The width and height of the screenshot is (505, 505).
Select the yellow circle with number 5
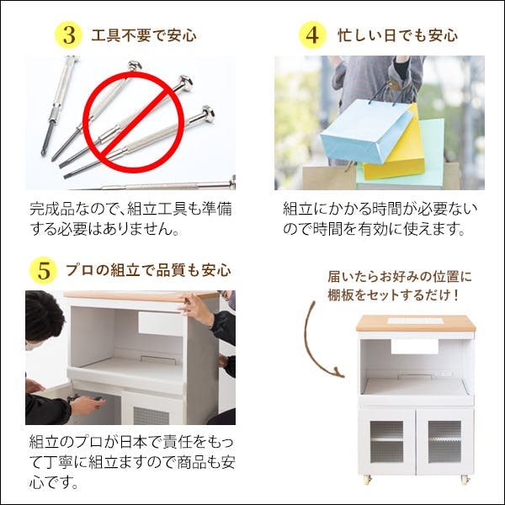pyautogui.click(x=44, y=271)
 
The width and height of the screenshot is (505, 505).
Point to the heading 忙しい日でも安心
pyautogui.click(x=397, y=36)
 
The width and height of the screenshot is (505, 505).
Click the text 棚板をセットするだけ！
pyautogui.click(x=394, y=295)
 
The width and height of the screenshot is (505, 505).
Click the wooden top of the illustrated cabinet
pyautogui.click(x=416, y=323)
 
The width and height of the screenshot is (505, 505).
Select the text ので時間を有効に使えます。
pyautogui.click(x=374, y=229)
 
